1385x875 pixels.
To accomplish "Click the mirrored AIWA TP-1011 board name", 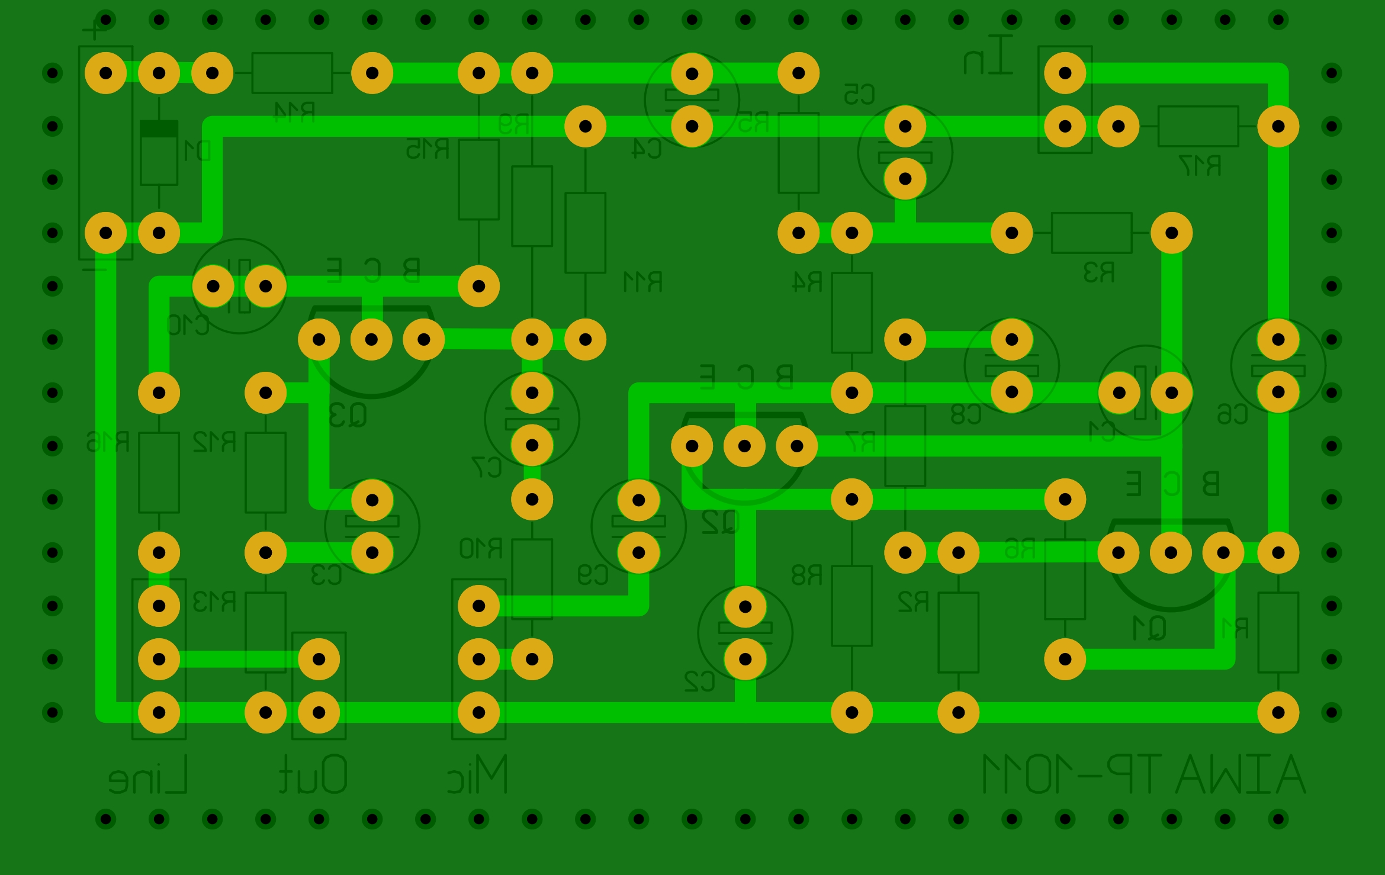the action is [x=1143, y=774].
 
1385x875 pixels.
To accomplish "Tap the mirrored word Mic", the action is [x=477, y=774].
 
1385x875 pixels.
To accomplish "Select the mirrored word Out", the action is [x=313, y=774].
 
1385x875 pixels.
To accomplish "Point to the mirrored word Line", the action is [x=148, y=774].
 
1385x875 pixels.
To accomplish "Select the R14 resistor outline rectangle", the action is [x=292, y=73].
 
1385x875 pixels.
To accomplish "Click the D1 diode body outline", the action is [x=159, y=153].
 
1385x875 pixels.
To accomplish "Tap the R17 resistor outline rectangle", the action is [x=1198, y=126].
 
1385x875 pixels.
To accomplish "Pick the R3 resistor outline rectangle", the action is [x=1091, y=233].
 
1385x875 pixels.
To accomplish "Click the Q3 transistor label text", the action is [x=348, y=415].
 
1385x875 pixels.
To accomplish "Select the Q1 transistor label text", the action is [x=1149, y=628].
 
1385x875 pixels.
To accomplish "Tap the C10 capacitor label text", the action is [x=188, y=325].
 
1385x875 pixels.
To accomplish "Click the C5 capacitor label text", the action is [x=859, y=95].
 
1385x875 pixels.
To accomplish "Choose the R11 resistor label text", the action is [x=642, y=282].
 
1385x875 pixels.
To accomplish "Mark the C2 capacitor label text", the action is [x=699, y=681].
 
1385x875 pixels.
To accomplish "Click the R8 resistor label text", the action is [x=806, y=575].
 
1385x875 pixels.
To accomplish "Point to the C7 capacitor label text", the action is [x=487, y=467].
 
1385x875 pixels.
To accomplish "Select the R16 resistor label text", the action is [x=108, y=442].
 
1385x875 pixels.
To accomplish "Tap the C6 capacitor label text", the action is [x=1232, y=414].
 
